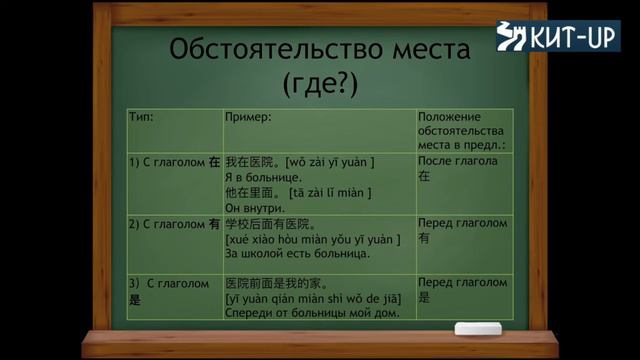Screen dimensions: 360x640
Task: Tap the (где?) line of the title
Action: [x=320, y=83]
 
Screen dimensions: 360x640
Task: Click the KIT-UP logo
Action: [x=557, y=37]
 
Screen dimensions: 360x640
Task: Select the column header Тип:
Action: [x=142, y=117]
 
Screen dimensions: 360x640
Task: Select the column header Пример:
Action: [x=249, y=117]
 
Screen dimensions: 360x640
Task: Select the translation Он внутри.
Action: [x=254, y=207]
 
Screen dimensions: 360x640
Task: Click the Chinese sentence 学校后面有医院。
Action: [x=271, y=224]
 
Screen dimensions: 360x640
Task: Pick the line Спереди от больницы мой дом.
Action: [x=311, y=314]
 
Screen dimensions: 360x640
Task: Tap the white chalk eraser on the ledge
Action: [x=478, y=329]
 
